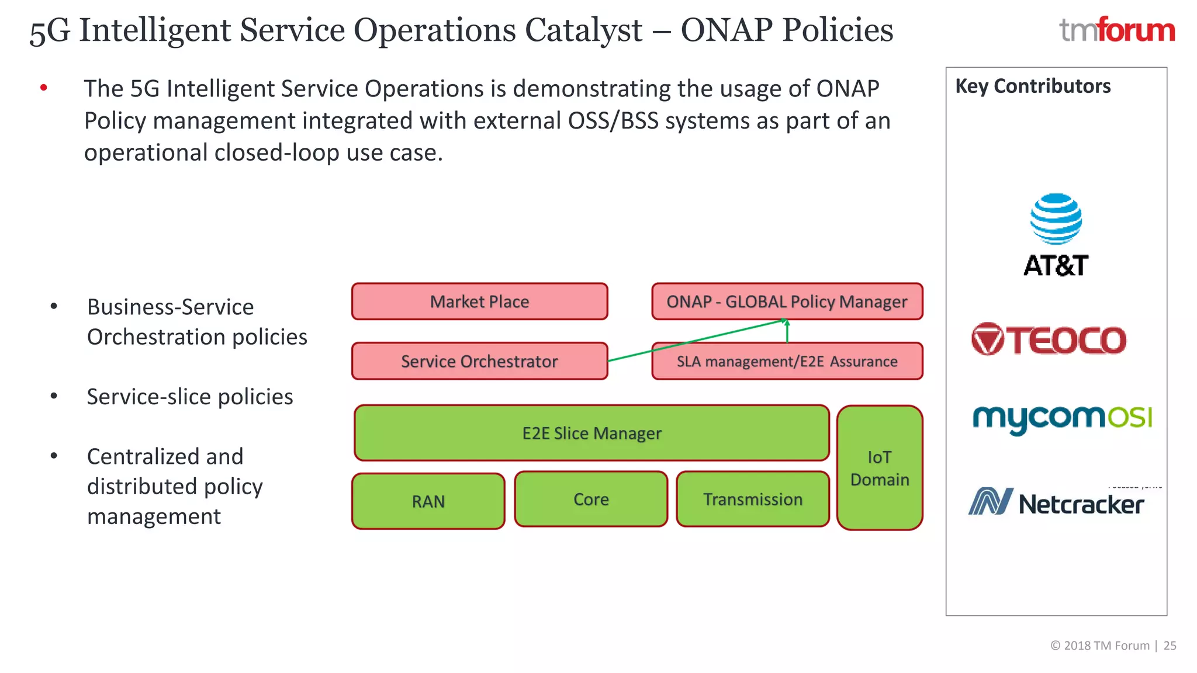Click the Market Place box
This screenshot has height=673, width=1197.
point(479,301)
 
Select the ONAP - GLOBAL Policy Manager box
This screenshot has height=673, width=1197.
point(787,301)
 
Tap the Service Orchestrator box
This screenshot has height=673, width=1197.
point(479,361)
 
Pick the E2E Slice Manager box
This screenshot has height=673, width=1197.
point(591,433)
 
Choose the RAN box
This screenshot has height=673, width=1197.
point(428,501)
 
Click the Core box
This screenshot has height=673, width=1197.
point(591,499)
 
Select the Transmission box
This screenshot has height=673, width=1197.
point(753,499)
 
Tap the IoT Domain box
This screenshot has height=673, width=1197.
point(880,468)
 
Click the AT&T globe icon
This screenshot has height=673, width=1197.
point(1056,219)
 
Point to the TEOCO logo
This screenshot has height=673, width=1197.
point(1049,339)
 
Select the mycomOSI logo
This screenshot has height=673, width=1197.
point(1062,418)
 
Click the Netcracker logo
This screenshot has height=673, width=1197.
point(1056,502)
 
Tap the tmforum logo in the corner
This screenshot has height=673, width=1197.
point(1117,30)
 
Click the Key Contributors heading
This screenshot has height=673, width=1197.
point(1033,86)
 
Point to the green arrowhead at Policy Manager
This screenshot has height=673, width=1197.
point(787,322)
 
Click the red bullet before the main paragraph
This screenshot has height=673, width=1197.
point(44,88)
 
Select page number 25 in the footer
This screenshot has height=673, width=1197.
point(1170,646)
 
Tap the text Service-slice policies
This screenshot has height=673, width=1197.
point(190,397)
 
